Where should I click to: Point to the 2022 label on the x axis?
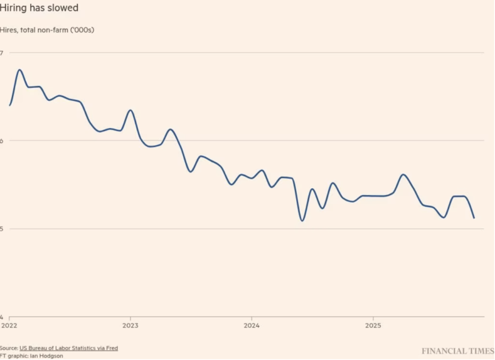[x=9, y=326]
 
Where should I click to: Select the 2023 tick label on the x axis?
[x=130, y=326]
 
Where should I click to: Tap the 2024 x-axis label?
[x=252, y=326]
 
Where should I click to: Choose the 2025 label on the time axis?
[x=373, y=326]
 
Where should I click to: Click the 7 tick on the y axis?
[x=2, y=53]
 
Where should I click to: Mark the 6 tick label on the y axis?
[x=2, y=140]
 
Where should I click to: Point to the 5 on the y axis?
[x=2, y=229]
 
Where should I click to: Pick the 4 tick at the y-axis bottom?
[x=2, y=317]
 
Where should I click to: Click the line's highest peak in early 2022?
[x=19, y=70]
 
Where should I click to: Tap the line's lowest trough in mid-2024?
[x=302, y=221]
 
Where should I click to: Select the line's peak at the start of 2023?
[x=130, y=110]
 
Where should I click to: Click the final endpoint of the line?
[x=474, y=218]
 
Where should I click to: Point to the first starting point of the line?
[x=9, y=105]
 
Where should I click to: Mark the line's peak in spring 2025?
[x=403, y=174]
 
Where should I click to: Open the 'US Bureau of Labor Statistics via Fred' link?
[x=68, y=347]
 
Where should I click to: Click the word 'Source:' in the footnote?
[x=9, y=347]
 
